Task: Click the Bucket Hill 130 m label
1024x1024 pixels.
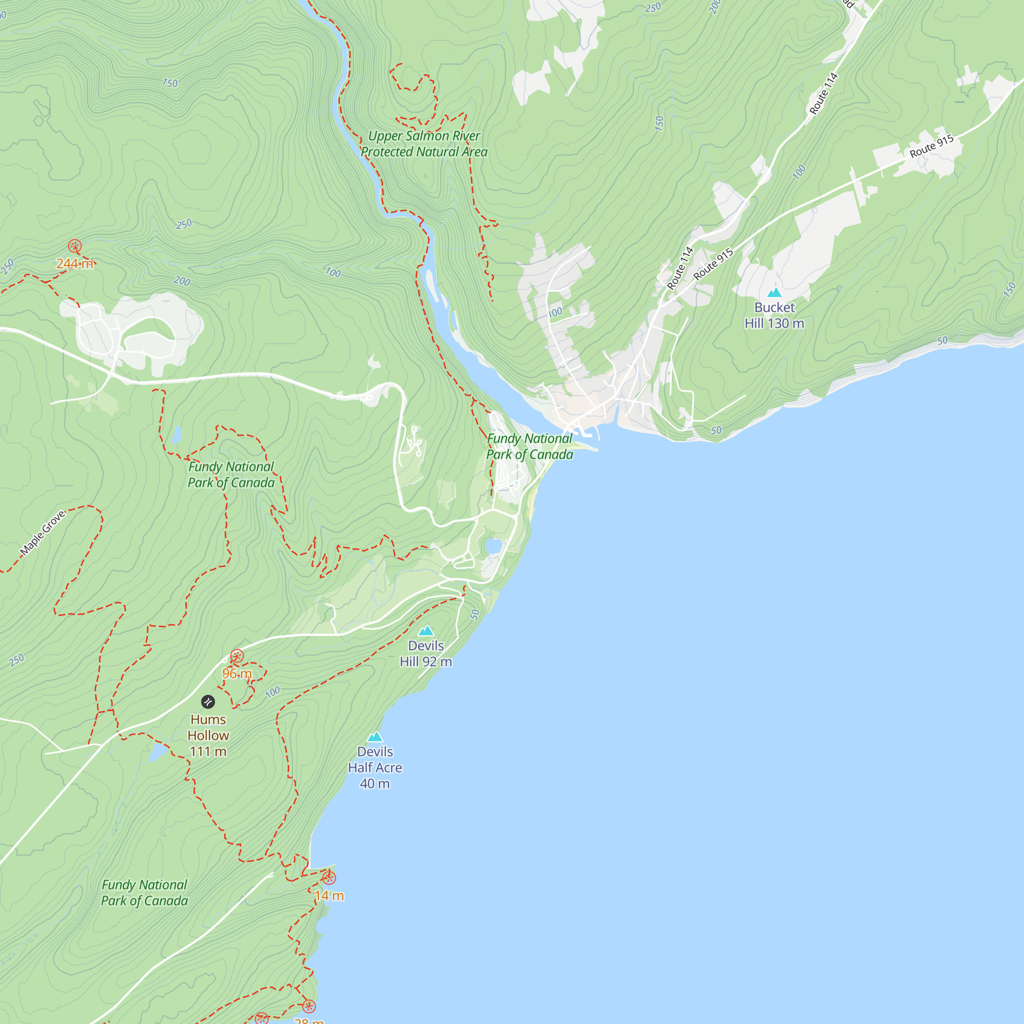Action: [774, 315]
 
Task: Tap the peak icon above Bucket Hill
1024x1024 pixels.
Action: [774, 292]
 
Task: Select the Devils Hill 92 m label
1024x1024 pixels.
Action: [425, 653]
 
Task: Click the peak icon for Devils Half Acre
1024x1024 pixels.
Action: [375, 736]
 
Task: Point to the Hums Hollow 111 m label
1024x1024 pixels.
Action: [208, 735]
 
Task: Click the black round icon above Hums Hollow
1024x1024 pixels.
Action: [208, 702]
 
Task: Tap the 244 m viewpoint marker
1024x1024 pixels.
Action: [75, 246]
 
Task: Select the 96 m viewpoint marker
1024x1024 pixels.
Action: [237, 657]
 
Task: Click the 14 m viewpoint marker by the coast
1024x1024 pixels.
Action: [329, 878]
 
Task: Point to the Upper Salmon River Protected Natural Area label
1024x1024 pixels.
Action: [424, 144]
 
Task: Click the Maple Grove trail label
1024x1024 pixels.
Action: [42, 532]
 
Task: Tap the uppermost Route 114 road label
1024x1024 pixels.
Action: [823, 94]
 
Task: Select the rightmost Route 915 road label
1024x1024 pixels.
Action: [931, 146]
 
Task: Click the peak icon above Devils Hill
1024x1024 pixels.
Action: [426, 631]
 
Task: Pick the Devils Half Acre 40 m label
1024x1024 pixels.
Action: [375, 767]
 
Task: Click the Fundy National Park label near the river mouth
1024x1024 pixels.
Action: [529, 446]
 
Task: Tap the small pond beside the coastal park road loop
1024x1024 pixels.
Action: [494, 545]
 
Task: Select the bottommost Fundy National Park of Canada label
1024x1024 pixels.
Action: [144, 892]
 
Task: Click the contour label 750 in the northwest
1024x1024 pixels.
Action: [169, 83]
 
